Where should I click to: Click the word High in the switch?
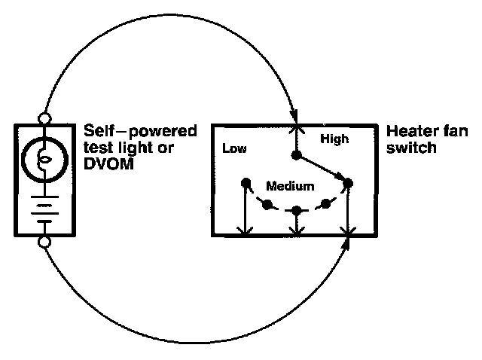click(334, 139)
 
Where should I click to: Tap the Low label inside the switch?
click(234, 148)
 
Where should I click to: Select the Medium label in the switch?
click(290, 186)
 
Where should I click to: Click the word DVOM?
click(108, 164)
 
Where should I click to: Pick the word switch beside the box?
click(411, 148)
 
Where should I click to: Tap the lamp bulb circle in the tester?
click(44, 160)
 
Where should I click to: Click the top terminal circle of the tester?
click(44, 118)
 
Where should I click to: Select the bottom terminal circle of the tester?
click(44, 242)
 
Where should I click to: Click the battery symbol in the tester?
click(45, 209)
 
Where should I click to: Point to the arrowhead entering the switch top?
click(294, 117)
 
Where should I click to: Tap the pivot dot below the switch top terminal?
click(296, 155)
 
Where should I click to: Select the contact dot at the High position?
click(348, 183)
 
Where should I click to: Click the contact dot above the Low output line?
click(246, 183)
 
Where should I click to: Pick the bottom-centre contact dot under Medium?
click(296, 211)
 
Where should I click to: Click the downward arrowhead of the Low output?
click(245, 231)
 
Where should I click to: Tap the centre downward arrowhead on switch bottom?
click(296, 231)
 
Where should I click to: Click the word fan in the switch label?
click(456, 131)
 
